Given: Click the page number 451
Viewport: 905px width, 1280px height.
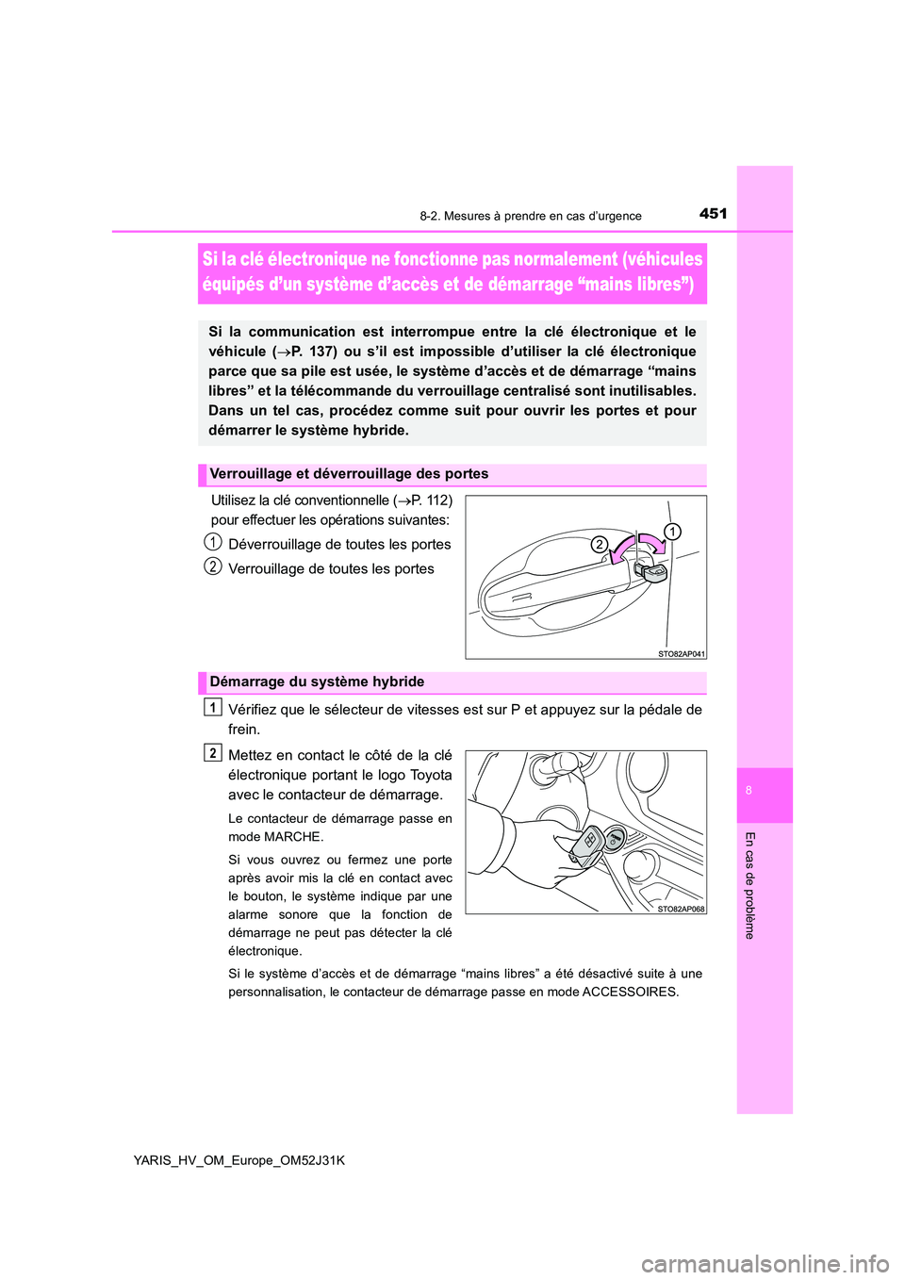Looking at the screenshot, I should (713, 214).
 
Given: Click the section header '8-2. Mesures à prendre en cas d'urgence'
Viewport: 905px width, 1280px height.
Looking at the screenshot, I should (530, 216).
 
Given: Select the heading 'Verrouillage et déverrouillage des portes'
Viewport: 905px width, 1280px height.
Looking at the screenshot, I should (349, 474).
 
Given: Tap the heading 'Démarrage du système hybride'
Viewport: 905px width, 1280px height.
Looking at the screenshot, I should (317, 682).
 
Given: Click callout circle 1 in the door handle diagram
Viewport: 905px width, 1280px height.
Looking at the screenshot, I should (671, 532).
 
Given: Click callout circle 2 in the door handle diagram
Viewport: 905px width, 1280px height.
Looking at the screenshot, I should (599, 544).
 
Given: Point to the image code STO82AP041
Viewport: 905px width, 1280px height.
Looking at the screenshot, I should (681, 653).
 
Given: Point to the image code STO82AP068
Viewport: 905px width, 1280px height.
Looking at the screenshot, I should (681, 909).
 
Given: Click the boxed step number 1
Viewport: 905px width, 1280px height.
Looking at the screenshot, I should (213, 708).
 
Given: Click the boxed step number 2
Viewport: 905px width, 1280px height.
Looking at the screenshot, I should (213, 753).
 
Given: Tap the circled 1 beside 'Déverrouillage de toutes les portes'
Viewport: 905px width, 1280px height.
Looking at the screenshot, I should (214, 542).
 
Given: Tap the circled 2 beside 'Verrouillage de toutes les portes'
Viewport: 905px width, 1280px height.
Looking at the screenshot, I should (214, 566).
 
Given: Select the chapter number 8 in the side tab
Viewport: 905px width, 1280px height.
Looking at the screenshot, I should (749, 791).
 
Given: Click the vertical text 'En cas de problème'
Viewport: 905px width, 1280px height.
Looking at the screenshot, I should (749, 885).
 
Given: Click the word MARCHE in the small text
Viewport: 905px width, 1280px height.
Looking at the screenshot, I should (293, 837).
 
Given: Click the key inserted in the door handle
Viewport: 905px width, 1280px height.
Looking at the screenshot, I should (651, 571).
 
